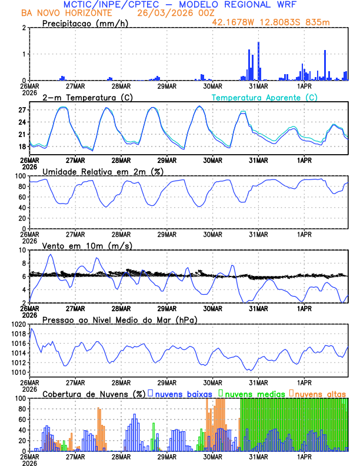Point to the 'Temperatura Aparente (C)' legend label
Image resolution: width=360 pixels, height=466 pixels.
265,97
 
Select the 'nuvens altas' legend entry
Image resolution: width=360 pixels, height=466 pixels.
320,393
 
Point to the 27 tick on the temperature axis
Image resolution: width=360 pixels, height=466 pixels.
21,110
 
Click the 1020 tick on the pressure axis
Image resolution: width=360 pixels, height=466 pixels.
18,324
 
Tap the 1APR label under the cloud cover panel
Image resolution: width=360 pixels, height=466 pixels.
304,456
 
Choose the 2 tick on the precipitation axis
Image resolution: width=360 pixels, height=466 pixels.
23,28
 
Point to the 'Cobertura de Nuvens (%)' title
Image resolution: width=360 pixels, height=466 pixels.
94,393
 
